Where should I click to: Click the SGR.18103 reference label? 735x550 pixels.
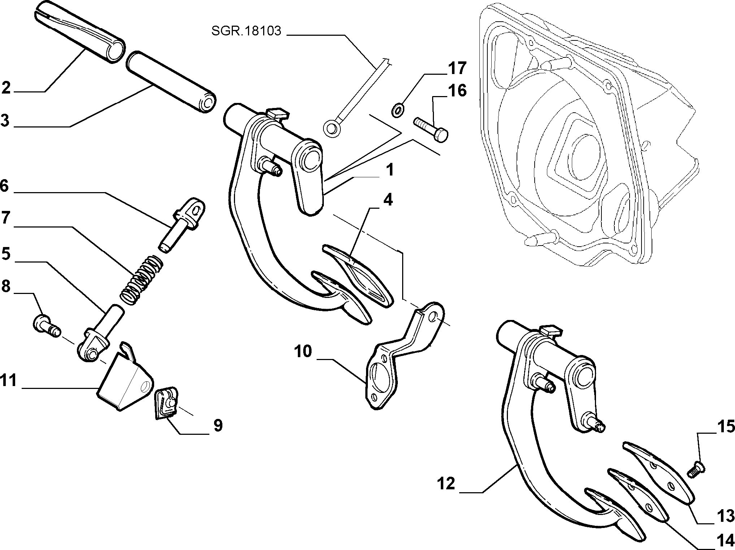246,31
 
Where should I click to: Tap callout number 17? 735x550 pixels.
457,68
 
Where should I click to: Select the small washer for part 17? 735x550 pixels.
397,109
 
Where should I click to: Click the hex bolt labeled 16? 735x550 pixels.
431,130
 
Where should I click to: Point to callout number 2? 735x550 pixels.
6,88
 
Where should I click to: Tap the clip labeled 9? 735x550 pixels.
166,403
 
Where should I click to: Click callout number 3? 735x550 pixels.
5,120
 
